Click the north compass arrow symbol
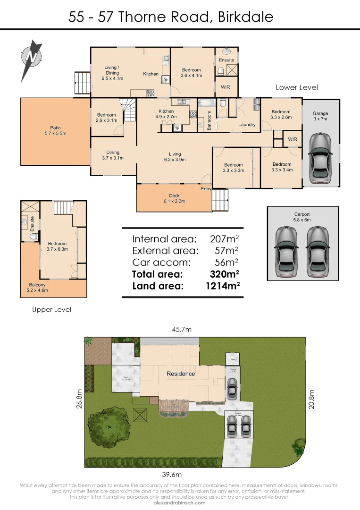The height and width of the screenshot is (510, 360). [x=31, y=58]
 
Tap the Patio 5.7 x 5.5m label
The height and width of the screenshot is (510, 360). [x=55, y=130]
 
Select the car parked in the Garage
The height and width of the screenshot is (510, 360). [x=320, y=157]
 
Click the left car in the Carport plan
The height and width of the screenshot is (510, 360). [x=286, y=251]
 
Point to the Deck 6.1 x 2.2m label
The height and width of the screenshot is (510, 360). [x=174, y=198]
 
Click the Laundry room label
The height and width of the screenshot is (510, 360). [x=247, y=125]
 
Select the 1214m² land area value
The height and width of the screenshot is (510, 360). [x=223, y=286]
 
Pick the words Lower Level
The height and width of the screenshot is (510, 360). [x=297, y=87]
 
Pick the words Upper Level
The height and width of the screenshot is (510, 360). [x=51, y=310]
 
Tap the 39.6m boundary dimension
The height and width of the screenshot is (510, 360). [x=172, y=475]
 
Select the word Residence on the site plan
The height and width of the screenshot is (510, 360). [x=181, y=374]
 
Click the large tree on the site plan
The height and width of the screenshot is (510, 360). [x=109, y=427]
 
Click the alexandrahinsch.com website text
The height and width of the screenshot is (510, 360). [x=180, y=502]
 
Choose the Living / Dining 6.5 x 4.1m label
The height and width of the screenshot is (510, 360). [x=112, y=70]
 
